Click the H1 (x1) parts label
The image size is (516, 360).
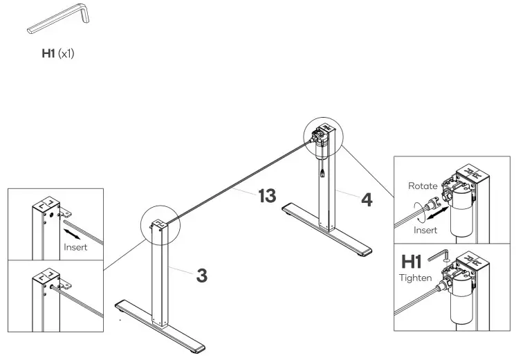coord(59,53)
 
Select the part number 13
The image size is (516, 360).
coord(268,196)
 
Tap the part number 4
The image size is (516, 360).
coord(367,200)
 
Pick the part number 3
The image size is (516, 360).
coord(201,275)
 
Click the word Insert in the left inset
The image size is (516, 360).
coord(75,247)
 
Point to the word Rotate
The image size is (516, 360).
coord(423,186)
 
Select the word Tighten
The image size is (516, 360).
coord(415,278)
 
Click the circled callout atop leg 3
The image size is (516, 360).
coord(160,225)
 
